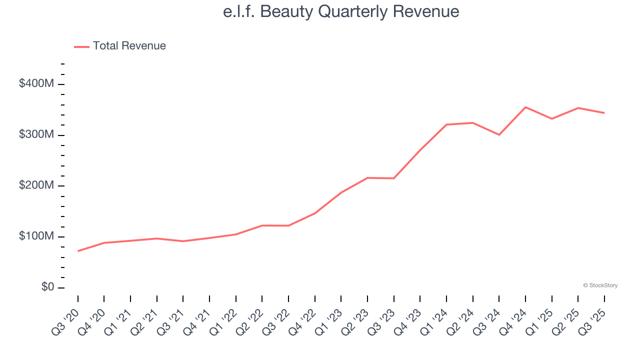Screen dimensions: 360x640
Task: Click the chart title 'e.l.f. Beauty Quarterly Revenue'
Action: click(x=341, y=11)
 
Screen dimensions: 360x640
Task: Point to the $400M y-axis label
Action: click(x=36, y=84)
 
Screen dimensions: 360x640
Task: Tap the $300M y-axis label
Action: click(x=36, y=135)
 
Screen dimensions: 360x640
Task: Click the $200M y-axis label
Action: click(x=36, y=186)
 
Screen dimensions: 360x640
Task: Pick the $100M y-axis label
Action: click(x=36, y=236)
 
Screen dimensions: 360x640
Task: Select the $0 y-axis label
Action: click(x=47, y=287)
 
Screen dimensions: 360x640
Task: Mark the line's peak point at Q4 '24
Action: click(x=525, y=107)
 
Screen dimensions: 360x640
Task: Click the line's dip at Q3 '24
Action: click(x=499, y=135)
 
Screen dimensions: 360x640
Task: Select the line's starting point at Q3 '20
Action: click(x=78, y=251)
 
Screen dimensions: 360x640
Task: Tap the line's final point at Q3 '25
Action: click(x=604, y=113)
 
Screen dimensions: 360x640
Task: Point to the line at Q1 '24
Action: click(x=446, y=124)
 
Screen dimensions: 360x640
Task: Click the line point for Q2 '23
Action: click(x=367, y=178)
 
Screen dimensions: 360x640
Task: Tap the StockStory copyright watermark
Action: click(x=600, y=285)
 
